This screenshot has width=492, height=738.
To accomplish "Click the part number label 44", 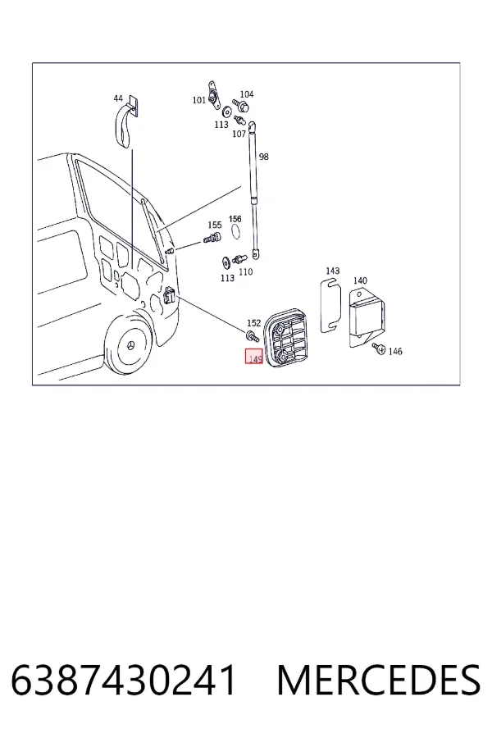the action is click(118, 98).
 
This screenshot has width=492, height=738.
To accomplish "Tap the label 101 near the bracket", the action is click(199, 100).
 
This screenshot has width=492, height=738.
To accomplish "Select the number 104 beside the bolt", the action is click(247, 94).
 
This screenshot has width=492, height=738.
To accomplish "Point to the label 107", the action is click(239, 134).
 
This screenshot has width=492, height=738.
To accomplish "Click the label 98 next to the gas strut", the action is click(264, 157).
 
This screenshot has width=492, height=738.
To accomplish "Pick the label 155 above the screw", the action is click(215, 225).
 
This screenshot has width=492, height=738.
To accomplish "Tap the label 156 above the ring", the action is click(235, 219).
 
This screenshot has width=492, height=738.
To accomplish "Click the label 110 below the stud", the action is click(246, 271).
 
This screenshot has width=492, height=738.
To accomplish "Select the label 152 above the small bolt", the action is click(253, 323).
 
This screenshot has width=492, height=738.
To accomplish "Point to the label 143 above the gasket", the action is click(332, 271).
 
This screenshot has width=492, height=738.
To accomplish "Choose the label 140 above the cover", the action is click(360, 280).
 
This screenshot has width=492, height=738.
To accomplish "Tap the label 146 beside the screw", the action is click(395, 351).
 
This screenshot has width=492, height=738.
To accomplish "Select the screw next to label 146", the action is click(379, 348).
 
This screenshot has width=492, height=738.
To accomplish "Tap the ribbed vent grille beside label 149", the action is click(286, 335).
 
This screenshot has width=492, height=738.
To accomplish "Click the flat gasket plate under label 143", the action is click(330, 306).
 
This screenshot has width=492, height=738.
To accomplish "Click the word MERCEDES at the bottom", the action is click(379, 680).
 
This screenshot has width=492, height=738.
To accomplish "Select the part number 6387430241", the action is click(123, 680).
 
